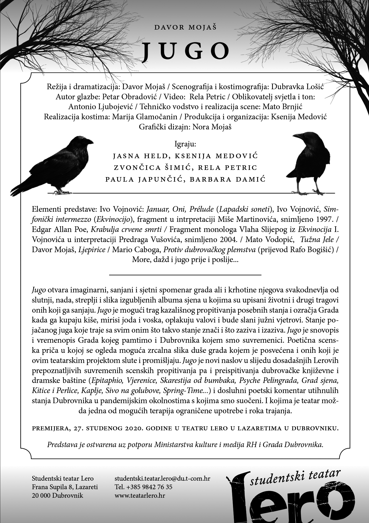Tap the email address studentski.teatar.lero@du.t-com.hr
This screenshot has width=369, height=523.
(x=162, y=479)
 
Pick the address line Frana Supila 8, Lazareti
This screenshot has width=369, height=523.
(x=65, y=487)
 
